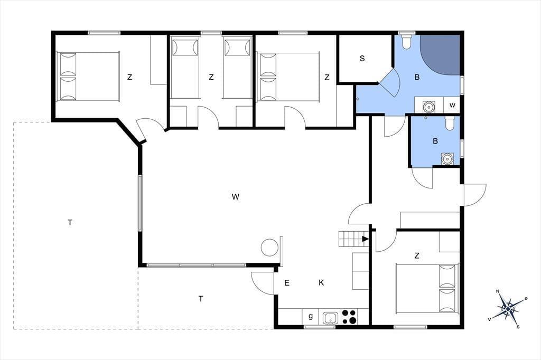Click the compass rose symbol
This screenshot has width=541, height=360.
click(x=508, y=309)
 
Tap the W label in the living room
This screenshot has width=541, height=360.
click(x=235, y=197)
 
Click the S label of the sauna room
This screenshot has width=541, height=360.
click(x=362, y=59)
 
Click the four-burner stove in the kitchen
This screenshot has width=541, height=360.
click(x=349, y=317)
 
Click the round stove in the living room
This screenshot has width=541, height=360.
click(x=269, y=248)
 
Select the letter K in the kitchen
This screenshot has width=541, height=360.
click(x=321, y=283)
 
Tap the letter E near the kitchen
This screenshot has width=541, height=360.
click(x=287, y=283)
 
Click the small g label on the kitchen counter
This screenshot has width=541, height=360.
click(x=311, y=316)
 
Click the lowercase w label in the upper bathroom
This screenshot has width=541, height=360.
click(x=452, y=105)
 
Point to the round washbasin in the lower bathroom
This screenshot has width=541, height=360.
click(x=447, y=158)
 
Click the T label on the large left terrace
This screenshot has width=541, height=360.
click(x=70, y=223)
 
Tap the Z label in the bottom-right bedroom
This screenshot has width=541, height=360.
click(x=417, y=256)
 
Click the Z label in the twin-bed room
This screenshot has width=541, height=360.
click(x=211, y=77)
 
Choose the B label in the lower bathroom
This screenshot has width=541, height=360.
click(x=435, y=141)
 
